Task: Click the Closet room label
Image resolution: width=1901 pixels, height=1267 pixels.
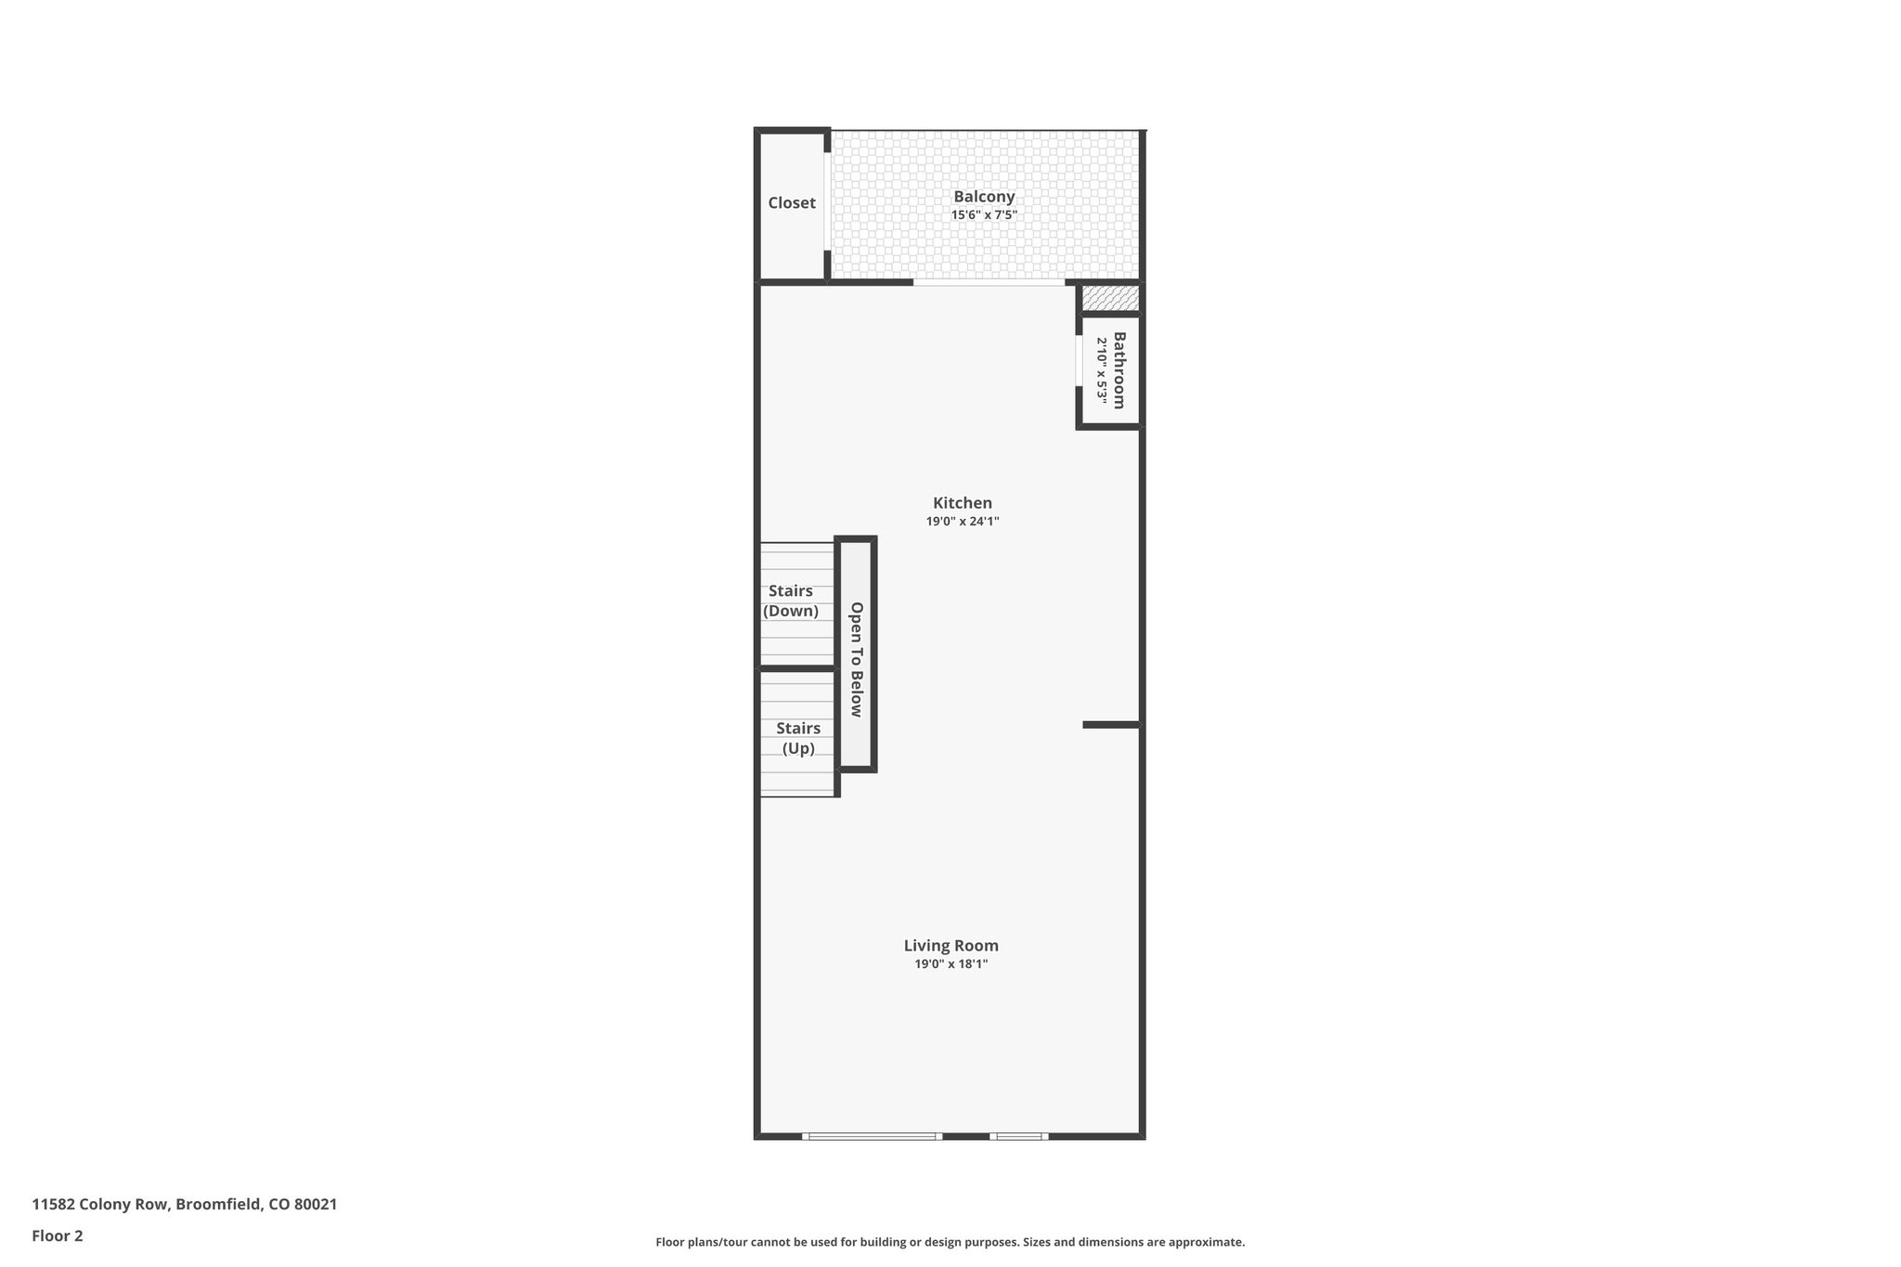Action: (791, 202)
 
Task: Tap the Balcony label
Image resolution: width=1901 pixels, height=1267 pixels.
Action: (984, 197)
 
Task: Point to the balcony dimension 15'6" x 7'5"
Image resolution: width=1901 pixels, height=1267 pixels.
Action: (984, 215)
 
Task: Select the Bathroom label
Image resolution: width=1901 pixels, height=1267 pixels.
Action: (1119, 370)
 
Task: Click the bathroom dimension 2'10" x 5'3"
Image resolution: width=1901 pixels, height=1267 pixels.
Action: (1102, 370)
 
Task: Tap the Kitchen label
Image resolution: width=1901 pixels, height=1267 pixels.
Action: (962, 503)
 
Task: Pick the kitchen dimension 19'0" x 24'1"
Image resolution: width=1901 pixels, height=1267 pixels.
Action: (962, 522)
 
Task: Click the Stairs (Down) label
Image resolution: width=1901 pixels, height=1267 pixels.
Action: (791, 601)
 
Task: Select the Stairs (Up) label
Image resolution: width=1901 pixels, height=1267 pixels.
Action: (798, 738)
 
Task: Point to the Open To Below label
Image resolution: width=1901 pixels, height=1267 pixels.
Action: (856, 659)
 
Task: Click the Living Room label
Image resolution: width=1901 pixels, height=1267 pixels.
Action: (950, 946)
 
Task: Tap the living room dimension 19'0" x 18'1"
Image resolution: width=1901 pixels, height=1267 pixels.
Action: (950, 964)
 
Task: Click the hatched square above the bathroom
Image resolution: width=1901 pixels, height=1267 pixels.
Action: (1111, 298)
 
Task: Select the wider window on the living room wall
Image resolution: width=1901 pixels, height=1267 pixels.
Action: (872, 1136)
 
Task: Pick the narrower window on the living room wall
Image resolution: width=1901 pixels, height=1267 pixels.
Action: (1018, 1136)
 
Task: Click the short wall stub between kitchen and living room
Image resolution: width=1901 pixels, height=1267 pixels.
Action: (1110, 724)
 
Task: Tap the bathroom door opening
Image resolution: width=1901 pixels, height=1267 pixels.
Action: (1078, 360)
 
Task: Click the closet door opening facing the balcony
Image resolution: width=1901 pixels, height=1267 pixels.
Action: (826, 201)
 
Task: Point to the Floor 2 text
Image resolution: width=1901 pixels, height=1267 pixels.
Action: (58, 1235)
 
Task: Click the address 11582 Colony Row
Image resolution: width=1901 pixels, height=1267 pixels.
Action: (184, 1205)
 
